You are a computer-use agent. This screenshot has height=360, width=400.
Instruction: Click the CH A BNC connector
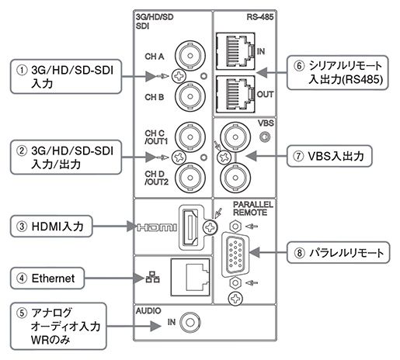(x=190, y=56)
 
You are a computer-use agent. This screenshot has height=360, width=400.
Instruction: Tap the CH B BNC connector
(x=190, y=96)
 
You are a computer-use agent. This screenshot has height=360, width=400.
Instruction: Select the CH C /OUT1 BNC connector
(x=190, y=137)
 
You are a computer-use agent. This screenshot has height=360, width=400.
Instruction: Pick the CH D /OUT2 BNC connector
(x=190, y=178)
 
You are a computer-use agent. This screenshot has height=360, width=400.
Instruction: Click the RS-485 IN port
(x=235, y=51)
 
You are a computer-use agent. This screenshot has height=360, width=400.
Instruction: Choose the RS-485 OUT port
(x=235, y=94)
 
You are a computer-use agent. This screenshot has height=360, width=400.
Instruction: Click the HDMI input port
(x=190, y=227)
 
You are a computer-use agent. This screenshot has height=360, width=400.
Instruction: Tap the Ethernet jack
(x=190, y=277)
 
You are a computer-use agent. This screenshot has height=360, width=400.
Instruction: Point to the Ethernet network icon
(x=152, y=277)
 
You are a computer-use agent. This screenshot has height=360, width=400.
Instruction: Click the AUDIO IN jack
(x=190, y=323)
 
